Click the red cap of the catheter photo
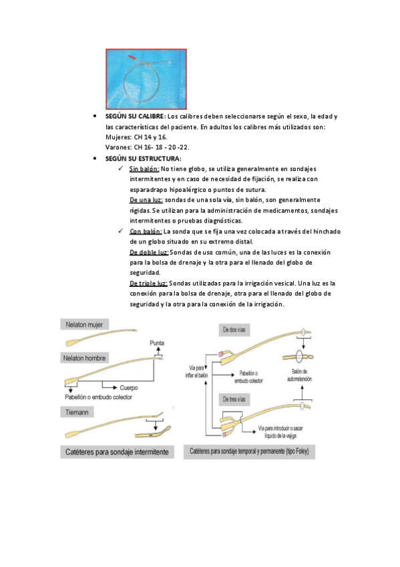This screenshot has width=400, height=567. [x=132, y=57]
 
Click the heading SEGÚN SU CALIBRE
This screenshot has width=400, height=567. [x=135, y=116]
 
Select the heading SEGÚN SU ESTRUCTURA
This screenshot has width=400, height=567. [x=143, y=158]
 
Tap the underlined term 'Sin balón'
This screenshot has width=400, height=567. [x=144, y=169]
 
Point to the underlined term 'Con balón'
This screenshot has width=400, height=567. [x=146, y=231]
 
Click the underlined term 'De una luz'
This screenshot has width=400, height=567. [x=146, y=200]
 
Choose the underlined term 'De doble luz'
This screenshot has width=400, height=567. [x=149, y=252]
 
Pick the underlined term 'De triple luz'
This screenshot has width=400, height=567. [x=149, y=283]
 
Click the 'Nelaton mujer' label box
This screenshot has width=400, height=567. [x=85, y=324]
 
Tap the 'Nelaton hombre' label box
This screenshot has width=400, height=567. [x=85, y=358]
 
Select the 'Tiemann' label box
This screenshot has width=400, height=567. [x=77, y=412]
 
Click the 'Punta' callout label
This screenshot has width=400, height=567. [x=157, y=343]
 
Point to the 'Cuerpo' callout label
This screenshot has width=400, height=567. [x=129, y=388]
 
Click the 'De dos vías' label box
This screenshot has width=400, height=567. [x=234, y=330]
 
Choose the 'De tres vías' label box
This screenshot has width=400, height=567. [x=234, y=399]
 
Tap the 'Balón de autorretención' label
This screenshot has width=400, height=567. [x=299, y=375]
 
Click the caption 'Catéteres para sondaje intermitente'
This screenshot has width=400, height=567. [x=117, y=452]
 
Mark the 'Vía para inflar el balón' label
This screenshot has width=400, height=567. [x=197, y=372]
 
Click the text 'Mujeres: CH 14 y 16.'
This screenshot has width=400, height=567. [x=136, y=138]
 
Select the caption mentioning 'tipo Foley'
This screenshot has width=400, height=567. [x=249, y=451]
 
